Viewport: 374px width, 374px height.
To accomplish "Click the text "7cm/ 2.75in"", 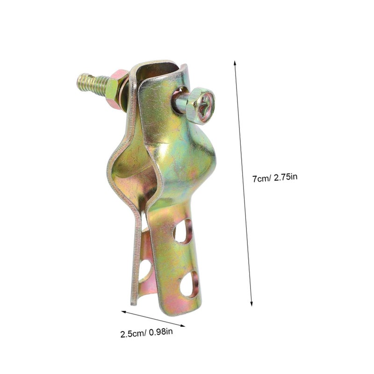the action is [x=275, y=178].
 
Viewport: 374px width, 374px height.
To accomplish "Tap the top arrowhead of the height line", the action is [x=235, y=63].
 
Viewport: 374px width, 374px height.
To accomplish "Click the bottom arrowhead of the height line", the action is [x=251, y=303].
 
